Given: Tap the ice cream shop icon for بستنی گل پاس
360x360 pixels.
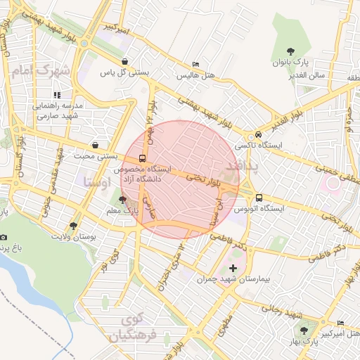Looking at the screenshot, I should pyautogui.click(x=124, y=61).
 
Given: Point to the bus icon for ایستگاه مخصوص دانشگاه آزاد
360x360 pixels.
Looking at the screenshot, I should pyautogui.click(x=143, y=159).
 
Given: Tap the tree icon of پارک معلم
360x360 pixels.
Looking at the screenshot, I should pyautogui.click(x=124, y=200).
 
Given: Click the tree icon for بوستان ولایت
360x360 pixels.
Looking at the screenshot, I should pyautogui.click(x=74, y=226).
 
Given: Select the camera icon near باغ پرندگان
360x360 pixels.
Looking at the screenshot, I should pyautogui.click(x=4, y=238).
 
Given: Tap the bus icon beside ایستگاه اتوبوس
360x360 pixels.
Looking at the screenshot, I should pyautogui.click(x=259, y=198).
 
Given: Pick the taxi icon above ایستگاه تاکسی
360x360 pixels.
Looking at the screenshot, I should pyautogui.click(x=259, y=134).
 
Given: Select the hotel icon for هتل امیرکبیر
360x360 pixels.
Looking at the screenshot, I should pyautogui.click(x=341, y=323).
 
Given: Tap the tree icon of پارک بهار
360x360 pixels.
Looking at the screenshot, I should pyautogui.click(x=304, y=329).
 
